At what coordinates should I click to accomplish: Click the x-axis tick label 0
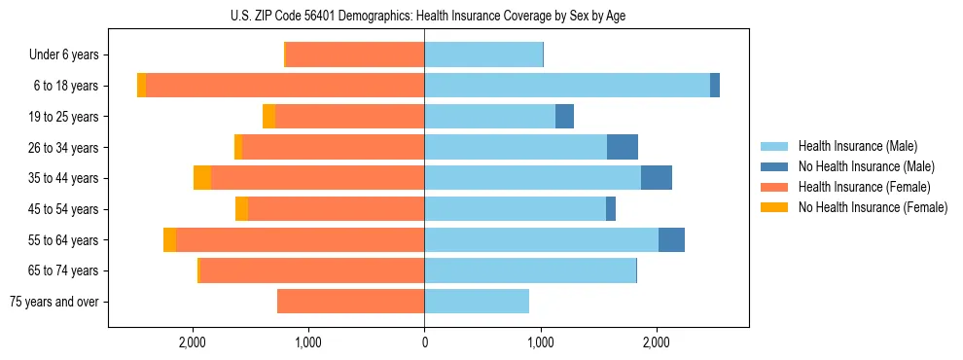pos(424,342)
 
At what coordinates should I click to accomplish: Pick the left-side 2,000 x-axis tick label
pos(193,342)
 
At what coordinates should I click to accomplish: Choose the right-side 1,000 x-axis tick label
pos(540,342)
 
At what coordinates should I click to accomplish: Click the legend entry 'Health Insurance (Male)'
pos(857,146)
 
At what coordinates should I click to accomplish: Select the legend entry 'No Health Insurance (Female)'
pos(873,207)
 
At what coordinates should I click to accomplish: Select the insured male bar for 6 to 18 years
pos(567,86)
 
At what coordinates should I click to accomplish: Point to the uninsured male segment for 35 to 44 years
pos(657,178)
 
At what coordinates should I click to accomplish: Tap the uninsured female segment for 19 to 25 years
pos(268,117)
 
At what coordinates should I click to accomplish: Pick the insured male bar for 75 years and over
pos(477,302)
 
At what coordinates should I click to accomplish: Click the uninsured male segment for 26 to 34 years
pos(623,147)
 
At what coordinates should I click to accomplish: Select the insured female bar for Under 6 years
pos(355,54)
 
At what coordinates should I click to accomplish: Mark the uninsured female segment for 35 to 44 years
pos(202,178)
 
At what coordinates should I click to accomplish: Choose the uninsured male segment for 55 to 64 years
pos(671,239)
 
